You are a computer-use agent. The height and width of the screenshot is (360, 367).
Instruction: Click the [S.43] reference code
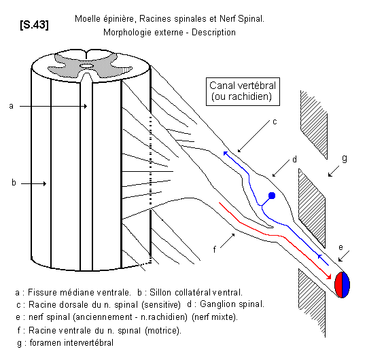35,24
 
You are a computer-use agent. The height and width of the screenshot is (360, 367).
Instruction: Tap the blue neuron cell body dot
272,196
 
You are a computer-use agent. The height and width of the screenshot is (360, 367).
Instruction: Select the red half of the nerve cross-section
338,285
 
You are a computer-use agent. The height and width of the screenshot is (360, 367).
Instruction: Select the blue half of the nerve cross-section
346,285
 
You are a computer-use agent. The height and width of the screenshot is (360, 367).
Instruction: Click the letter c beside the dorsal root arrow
275,122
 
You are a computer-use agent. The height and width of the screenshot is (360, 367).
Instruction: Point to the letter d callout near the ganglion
295,160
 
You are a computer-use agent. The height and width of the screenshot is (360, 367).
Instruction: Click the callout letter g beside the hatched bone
345,158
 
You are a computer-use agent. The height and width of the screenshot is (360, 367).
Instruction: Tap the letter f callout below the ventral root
214,249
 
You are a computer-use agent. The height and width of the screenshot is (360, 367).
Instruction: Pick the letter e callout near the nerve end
340,247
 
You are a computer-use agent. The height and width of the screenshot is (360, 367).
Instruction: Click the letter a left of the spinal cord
12,106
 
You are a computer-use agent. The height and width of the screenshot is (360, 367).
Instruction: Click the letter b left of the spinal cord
14,182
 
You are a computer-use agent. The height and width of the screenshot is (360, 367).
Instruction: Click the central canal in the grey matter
86,66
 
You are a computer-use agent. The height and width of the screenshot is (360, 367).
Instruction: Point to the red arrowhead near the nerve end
329,276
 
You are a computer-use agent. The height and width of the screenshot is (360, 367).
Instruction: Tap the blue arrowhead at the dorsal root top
226,154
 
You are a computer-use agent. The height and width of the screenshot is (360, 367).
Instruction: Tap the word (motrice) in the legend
163,331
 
